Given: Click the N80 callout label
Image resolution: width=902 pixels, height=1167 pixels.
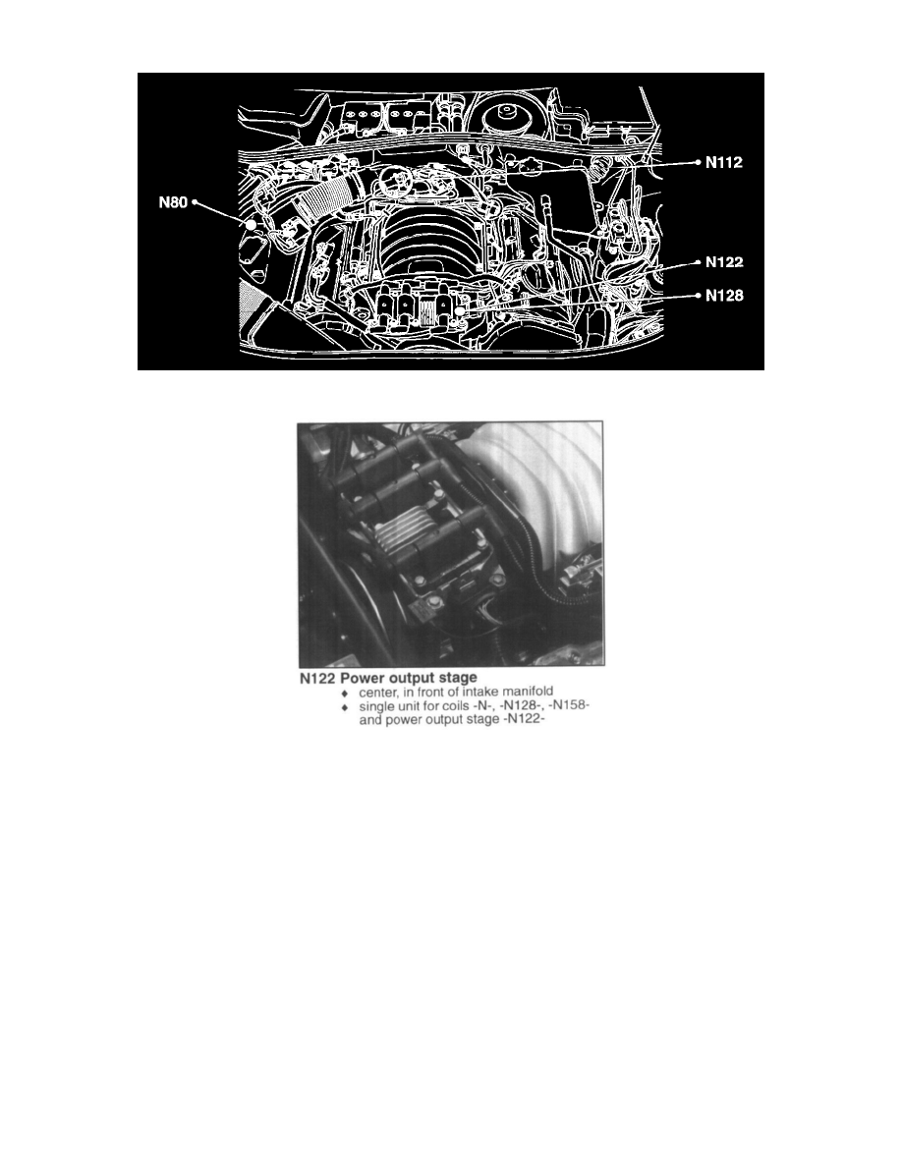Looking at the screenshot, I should [173, 204].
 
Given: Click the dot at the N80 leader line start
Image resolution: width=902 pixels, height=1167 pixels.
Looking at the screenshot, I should [195, 203].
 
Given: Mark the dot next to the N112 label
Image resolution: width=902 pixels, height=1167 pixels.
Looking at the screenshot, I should [698, 164].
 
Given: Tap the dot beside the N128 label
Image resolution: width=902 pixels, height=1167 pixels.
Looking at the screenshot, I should [698, 295].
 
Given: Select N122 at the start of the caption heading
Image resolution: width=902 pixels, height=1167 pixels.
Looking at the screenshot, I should [319, 678].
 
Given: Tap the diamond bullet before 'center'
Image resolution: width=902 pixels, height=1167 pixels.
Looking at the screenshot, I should [344, 693].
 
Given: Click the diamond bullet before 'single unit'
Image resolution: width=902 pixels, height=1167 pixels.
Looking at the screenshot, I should [344, 707].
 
